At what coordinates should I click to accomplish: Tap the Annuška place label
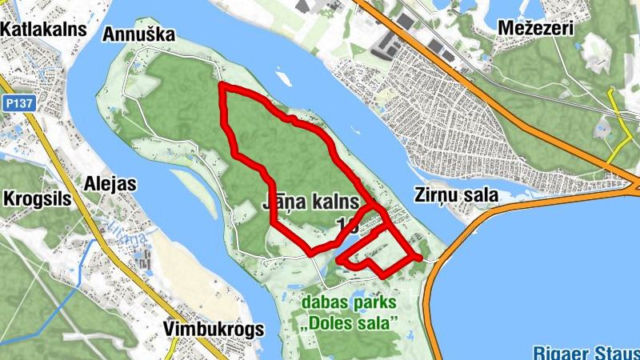[138, 34]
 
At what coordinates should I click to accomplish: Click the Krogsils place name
[38, 198]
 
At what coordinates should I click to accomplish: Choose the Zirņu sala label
[456, 194]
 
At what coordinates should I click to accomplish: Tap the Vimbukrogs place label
[210, 329]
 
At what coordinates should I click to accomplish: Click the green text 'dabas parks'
[350, 303]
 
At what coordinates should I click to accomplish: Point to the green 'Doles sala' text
[350, 322]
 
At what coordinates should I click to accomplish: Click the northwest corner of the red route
[222, 85]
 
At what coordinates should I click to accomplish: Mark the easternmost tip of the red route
[418, 257]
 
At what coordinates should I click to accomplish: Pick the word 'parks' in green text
[376, 303]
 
